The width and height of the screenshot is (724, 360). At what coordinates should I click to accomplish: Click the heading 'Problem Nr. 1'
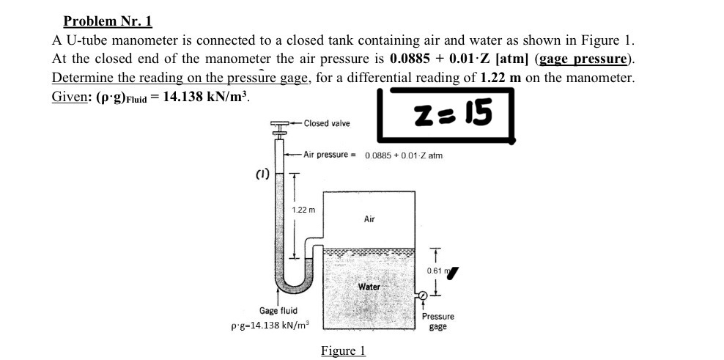coord(108,22)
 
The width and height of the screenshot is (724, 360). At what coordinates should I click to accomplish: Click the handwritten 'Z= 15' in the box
coord(452,112)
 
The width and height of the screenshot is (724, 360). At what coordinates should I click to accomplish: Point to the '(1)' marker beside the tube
coord(262,175)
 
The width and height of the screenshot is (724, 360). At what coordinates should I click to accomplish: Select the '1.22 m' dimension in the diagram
coord(303,210)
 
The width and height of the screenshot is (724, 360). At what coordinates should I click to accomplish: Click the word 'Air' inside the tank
coord(369,218)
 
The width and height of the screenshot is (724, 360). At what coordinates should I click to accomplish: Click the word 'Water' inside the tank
coord(369,287)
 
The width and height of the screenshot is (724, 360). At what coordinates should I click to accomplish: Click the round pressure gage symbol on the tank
coord(423,295)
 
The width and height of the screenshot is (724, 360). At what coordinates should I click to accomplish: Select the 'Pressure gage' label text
coord(437,321)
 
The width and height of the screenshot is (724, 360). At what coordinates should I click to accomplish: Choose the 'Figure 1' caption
coord(343,350)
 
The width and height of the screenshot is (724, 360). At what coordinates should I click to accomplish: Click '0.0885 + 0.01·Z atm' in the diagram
coord(403,155)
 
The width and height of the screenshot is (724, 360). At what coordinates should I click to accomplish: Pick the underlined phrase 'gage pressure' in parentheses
coord(584,59)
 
